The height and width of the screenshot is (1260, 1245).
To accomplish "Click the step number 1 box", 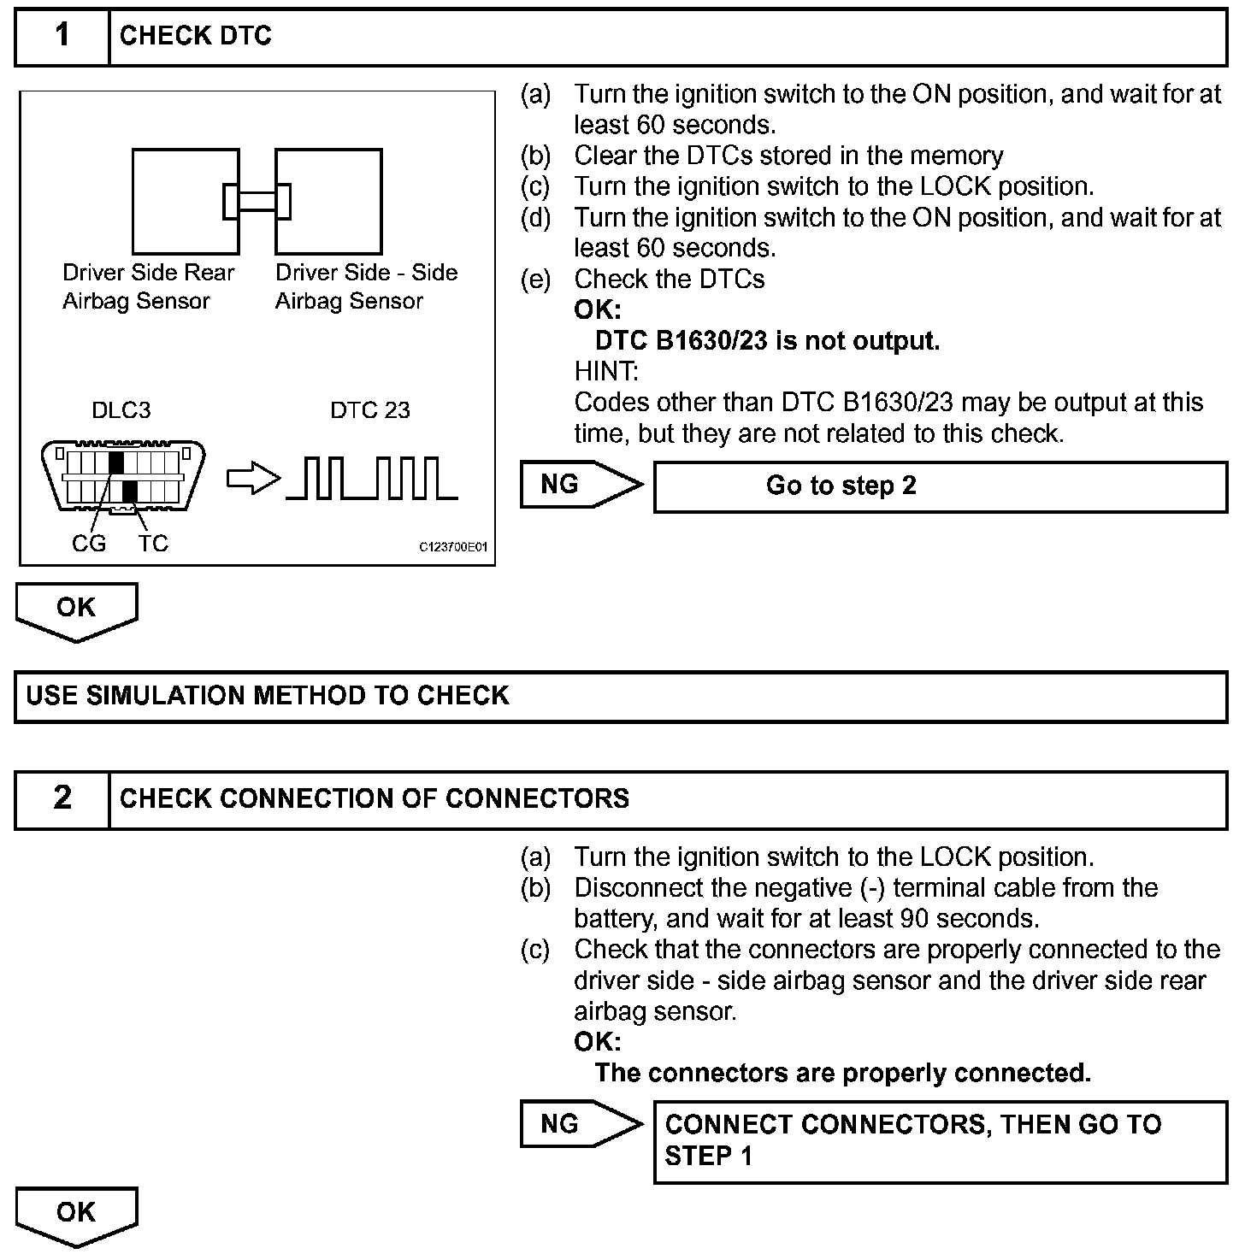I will (62, 37).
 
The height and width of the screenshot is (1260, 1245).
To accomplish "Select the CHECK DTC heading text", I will (195, 36).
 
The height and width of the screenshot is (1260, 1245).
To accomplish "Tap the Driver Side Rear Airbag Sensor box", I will (185, 201).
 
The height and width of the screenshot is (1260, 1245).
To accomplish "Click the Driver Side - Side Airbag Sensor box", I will (328, 201).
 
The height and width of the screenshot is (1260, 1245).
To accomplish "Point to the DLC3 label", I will (121, 410).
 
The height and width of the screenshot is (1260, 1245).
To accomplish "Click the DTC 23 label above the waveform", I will (369, 410).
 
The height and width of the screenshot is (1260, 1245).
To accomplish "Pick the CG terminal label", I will (89, 544).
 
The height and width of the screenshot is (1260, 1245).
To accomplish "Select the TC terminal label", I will (153, 544).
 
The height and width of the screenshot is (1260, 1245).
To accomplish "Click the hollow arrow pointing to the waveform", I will (253, 480).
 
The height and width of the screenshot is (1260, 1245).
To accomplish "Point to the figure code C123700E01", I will (453, 548).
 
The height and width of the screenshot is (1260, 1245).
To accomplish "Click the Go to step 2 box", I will (940, 486).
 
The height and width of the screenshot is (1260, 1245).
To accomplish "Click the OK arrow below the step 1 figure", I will (76, 610).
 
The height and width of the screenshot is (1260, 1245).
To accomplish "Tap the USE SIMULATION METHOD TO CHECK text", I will (268, 696).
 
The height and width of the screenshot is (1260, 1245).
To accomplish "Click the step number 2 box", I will (62, 798).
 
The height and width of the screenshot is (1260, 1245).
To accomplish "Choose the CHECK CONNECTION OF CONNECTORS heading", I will (374, 798).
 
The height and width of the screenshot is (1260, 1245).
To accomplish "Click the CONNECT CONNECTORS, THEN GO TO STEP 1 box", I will (940, 1141).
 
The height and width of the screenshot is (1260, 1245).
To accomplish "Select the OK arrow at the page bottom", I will (76, 1215).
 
